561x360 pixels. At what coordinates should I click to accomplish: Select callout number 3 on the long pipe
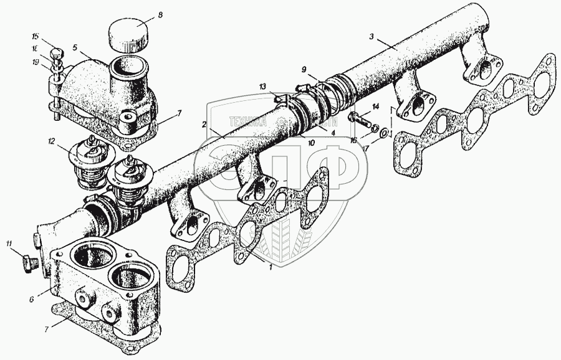[x=372, y=37]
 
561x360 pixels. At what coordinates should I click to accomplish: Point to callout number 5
[x=75, y=47]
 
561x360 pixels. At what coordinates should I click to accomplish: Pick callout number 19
[x=54, y=62]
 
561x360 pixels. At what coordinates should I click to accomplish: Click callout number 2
[x=204, y=125]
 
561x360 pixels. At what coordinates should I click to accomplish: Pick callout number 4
[x=333, y=133]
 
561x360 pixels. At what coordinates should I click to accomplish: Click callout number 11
[x=9, y=242]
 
